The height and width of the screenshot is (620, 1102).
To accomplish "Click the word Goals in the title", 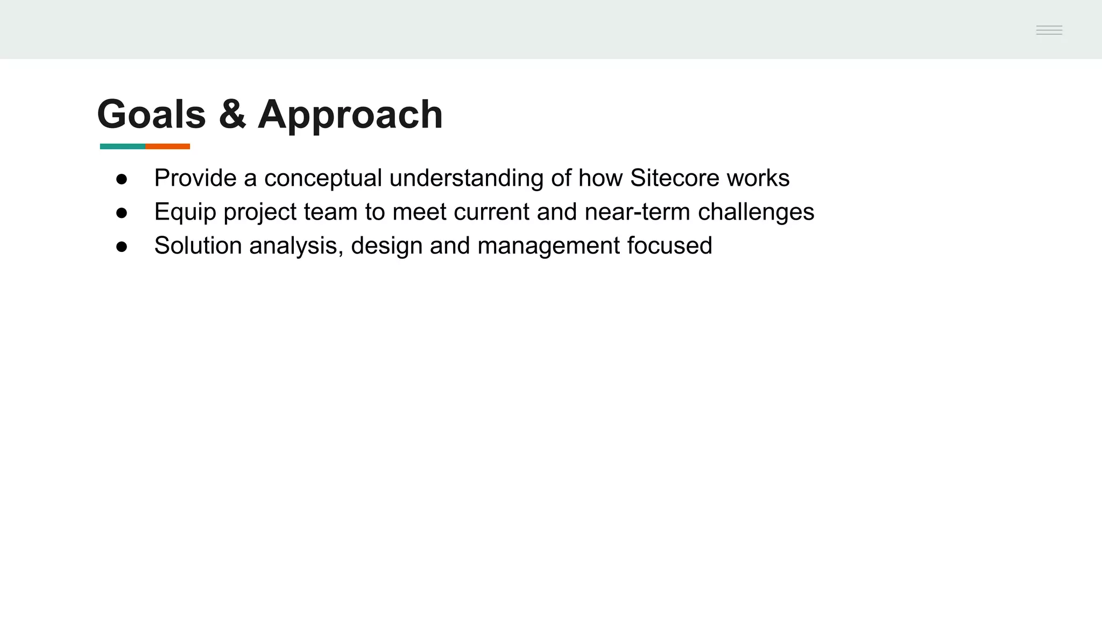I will (151, 115).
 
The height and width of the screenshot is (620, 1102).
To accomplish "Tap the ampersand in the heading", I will (232, 115).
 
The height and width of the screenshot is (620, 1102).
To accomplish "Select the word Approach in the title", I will (350, 115).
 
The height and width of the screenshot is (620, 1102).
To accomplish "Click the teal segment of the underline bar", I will (123, 146).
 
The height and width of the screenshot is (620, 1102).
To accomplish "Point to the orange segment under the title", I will (168, 146).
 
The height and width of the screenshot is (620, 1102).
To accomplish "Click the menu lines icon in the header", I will (1049, 30).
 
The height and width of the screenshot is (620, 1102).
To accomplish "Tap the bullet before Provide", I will (122, 179).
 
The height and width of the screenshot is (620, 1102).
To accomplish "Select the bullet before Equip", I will (122, 213).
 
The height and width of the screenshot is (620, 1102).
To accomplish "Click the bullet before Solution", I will (122, 247).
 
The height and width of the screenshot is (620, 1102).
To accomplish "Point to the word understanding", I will (466, 178).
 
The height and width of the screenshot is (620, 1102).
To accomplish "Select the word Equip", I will (185, 212).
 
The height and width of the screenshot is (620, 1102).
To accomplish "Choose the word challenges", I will (756, 212).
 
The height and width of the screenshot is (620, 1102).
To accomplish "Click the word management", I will (549, 246).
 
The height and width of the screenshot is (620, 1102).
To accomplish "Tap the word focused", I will (669, 246).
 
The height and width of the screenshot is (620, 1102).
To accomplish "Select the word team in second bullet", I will (330, 212).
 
